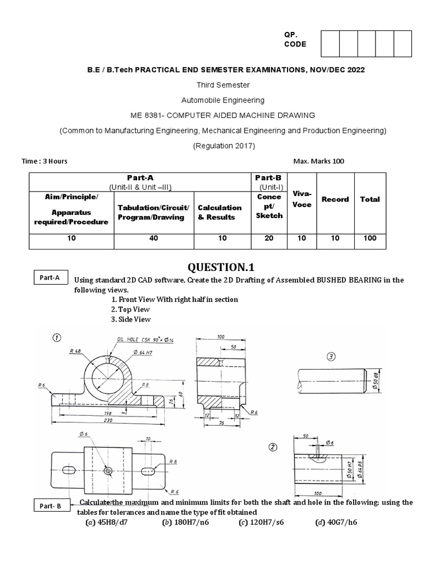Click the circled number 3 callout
tap(331, 356)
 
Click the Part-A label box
tap(49, 278)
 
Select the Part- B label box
tap(50, 506)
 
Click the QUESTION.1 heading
tap(221, 268)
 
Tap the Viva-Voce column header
tap(301, 199)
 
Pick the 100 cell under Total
tap(370, 238)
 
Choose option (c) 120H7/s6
tap(262, 522)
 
